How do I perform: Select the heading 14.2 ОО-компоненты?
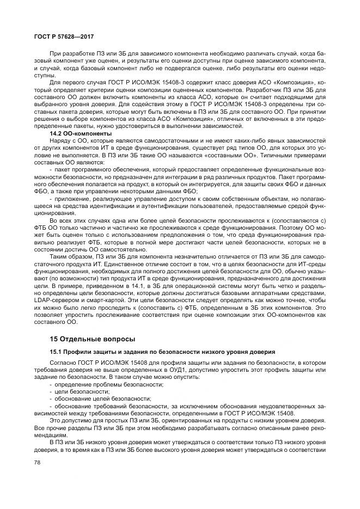(81, 133)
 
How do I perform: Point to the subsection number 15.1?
(56, 353)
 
